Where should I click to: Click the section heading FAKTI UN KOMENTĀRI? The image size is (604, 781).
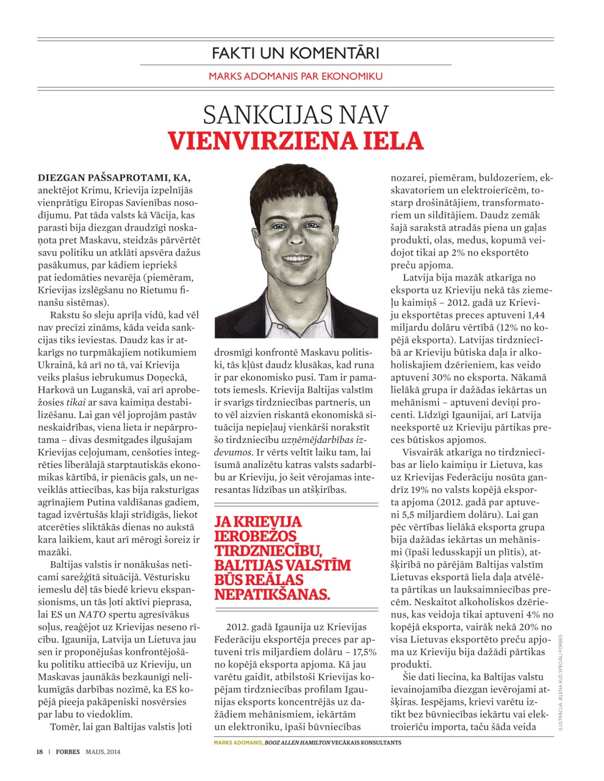click(x=295, y=52)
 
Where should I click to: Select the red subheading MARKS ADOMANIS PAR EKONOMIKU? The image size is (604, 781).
click(x=295, y=76)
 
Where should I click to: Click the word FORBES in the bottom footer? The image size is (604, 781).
click(x=68, y=752)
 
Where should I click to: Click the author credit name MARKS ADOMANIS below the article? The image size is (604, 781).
click(x=238, y=743)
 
